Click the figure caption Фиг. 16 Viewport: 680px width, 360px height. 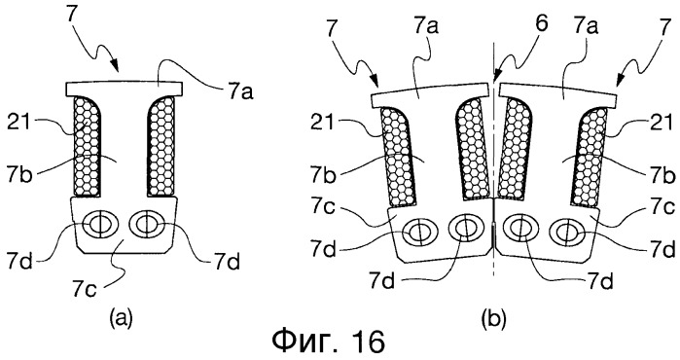(x=328, y=342)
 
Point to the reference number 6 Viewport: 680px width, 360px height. (x=542, y=25)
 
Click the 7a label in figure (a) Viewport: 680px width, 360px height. (x=240, y=91)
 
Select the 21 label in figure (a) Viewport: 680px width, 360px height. (x=19, y=124)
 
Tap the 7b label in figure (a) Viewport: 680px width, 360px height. (x=19, y=176)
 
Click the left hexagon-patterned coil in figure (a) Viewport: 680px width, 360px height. (x=87, y=146)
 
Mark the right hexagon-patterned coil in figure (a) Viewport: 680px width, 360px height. (x=161, y=146)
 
